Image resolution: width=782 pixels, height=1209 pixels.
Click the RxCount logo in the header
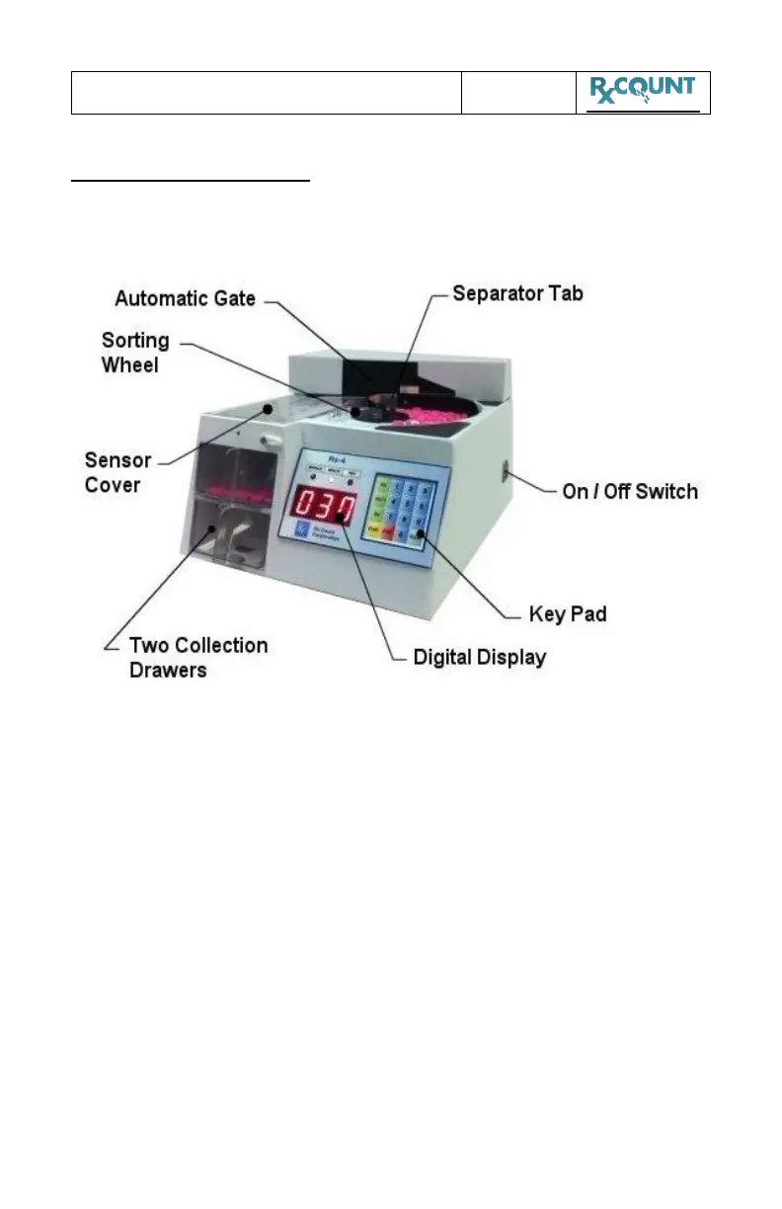(643, 92)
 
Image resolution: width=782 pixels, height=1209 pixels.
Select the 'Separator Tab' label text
(517, 293)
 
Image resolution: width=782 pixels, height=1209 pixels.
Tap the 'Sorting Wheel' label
(135, 352)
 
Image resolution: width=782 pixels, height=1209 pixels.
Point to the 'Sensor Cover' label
(118, 471)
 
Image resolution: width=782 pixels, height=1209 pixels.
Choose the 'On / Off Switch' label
(629, 491)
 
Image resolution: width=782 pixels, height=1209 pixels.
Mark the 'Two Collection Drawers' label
(198, 656)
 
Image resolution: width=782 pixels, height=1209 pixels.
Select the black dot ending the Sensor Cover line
(268, 405)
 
